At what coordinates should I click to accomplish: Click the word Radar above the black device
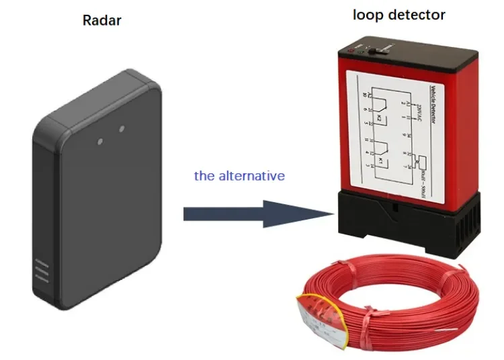pos(101,19)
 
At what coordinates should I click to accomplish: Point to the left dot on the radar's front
pos(100,142)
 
